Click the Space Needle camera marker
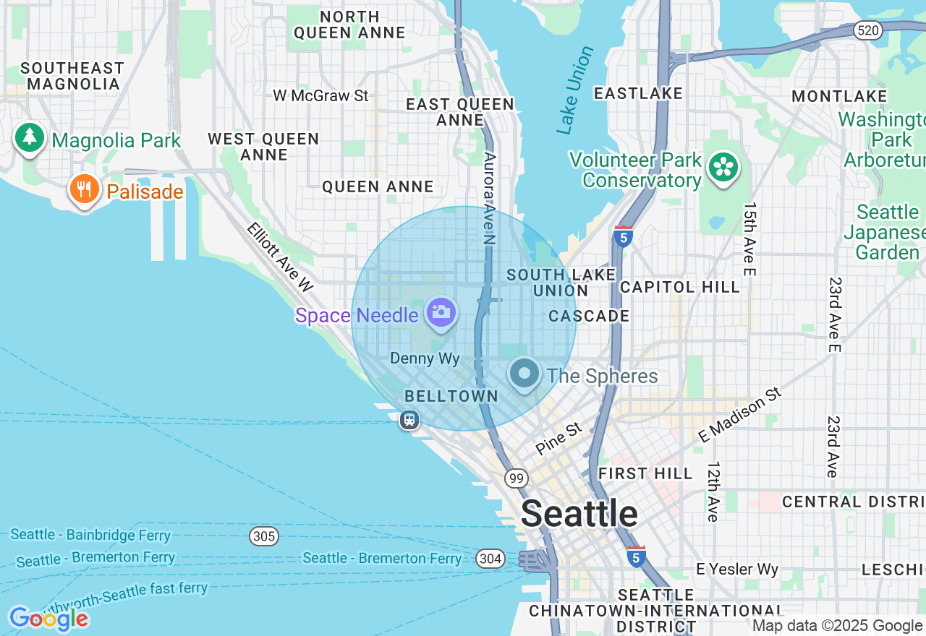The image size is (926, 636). (441, 313)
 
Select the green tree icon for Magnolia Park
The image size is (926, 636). (29, 137)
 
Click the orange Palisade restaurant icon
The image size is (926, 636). (85, 189)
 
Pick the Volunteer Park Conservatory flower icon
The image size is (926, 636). (723, 167)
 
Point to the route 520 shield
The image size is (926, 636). (866, 30)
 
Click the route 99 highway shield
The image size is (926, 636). (516, 478)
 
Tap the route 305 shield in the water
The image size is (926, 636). (264, 536)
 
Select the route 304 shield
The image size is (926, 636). (490, 558)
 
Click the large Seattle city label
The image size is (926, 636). (579, 514)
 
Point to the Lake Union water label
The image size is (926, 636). (576, 90)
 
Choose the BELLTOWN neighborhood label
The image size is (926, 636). (451, 396)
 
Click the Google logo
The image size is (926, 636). (48, 619)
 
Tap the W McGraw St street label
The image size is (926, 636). (320, 95)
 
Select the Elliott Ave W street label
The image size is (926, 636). (279, 257)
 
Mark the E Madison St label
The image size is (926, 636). (741, 414)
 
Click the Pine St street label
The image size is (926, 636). (558, 439)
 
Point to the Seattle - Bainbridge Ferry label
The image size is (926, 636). (90, 535)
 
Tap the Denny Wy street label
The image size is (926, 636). (425, 358)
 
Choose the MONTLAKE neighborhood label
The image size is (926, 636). (839, 96)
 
